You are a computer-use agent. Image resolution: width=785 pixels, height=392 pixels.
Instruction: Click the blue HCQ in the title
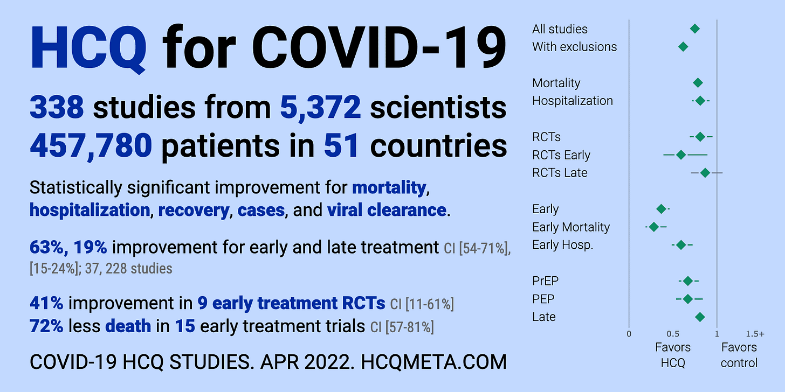click(x=88, y=48)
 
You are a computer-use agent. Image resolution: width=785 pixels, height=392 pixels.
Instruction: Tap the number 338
click(x=57, y=107)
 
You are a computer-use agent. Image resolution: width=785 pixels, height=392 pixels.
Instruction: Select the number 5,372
click(x=320, y=108)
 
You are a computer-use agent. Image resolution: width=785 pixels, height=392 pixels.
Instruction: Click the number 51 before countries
click(x=341, y=145)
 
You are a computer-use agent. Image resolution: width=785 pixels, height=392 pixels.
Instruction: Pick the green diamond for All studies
click(x=694, y=29)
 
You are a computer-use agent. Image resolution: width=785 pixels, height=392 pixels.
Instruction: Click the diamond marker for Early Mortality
click(x=653, y=227)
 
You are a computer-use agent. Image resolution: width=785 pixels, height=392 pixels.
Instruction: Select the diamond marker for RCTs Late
click(x=705, y=172)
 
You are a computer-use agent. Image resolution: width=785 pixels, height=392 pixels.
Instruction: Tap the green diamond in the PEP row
click(x=687, y=299)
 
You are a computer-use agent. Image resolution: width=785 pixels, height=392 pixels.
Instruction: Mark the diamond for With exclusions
click(x=683, y=46)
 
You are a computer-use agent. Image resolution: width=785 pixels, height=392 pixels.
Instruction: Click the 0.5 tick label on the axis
click(x=673, y=334)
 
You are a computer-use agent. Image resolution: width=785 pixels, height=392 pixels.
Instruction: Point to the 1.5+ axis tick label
click(x=755, y=334)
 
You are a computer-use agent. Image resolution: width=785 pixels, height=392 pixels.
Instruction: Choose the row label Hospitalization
click(x=572, y=101)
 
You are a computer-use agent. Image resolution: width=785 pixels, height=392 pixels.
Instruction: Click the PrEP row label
click(x=545, y=281)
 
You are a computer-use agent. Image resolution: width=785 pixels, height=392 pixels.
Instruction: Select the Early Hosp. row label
click(x=562, y=244)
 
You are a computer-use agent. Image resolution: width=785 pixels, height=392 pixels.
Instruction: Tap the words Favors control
click(x=739, y=355)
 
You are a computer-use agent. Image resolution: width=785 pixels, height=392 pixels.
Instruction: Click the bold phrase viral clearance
click(x=387, y=210)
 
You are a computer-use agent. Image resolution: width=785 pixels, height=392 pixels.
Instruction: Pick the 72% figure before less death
click(x=46, y=326)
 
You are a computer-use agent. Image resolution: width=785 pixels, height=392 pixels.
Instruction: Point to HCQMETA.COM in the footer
click(x=434, y=362)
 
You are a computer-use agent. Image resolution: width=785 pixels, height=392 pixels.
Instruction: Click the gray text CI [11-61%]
click(x=422, y=304)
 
